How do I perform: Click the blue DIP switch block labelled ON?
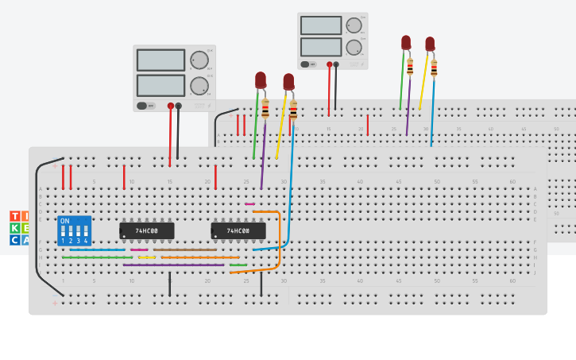[74, 230]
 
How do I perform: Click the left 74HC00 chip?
[146, 230]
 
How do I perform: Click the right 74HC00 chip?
[238, 230]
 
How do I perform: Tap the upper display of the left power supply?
[160, 60]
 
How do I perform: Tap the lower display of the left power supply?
[160, 85]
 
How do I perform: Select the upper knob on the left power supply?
[199, 60]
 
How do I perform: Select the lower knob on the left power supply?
[199, 85]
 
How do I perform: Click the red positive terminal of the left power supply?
[170, 106]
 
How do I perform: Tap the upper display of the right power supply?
[321, 25]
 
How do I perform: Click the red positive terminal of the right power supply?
[328, 64]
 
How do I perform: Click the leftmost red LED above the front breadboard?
[261, 79]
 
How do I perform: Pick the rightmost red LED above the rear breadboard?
[430, 44]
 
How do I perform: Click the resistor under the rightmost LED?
[433, 68]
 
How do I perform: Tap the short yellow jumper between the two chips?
[147, 257]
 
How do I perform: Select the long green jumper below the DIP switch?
[97, 257]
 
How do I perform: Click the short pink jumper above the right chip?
[249, 204]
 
